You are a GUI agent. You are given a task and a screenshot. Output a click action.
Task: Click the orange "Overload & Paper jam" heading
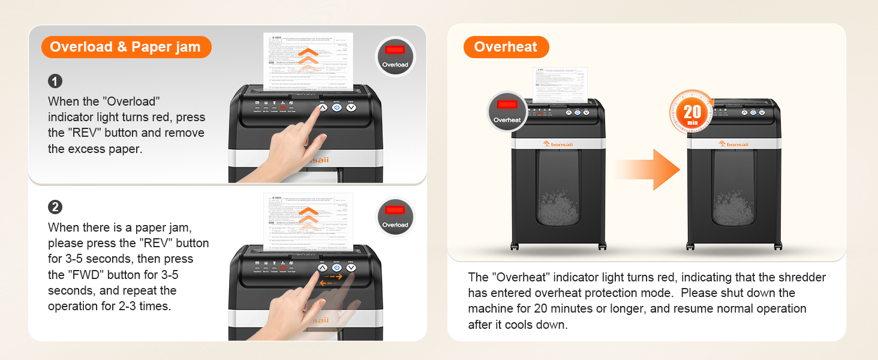pos(125,47)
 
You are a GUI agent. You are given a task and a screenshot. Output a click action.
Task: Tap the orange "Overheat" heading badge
pos(506,47)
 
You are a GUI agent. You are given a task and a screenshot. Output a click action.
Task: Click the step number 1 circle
pos(55,81)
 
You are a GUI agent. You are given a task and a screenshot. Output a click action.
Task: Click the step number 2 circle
pos(55,207)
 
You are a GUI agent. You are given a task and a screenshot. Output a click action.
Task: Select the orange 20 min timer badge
pos(692,113)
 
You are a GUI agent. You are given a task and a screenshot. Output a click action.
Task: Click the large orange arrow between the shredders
pos(651,170)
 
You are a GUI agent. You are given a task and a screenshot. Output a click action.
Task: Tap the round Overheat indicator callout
pos(507,112)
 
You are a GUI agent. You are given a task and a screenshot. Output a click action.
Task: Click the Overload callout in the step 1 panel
pos(395,56)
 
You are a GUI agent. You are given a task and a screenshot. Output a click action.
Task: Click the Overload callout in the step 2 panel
pos(395,217)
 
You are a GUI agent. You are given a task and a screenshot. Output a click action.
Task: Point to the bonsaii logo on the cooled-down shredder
pos(733,144)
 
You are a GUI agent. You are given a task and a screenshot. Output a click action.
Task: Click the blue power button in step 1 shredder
pos(336,107)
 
